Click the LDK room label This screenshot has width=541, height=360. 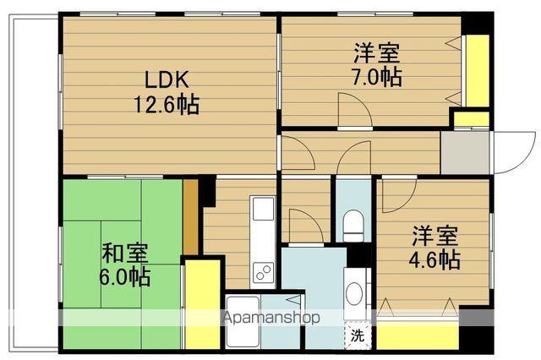click(165, 81)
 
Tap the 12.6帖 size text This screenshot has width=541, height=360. click(165, 105)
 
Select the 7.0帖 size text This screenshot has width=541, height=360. click(378, 77)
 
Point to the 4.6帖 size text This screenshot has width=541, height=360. click(436, 259)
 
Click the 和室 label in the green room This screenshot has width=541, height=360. click(125, 253)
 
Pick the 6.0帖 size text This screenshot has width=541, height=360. click(125, 276)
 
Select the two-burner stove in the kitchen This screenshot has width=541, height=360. click(261, 273)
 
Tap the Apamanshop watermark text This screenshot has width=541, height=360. click(270, 319)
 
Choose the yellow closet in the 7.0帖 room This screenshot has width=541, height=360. click(478, 71)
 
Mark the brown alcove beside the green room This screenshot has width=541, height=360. click(190, 215)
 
